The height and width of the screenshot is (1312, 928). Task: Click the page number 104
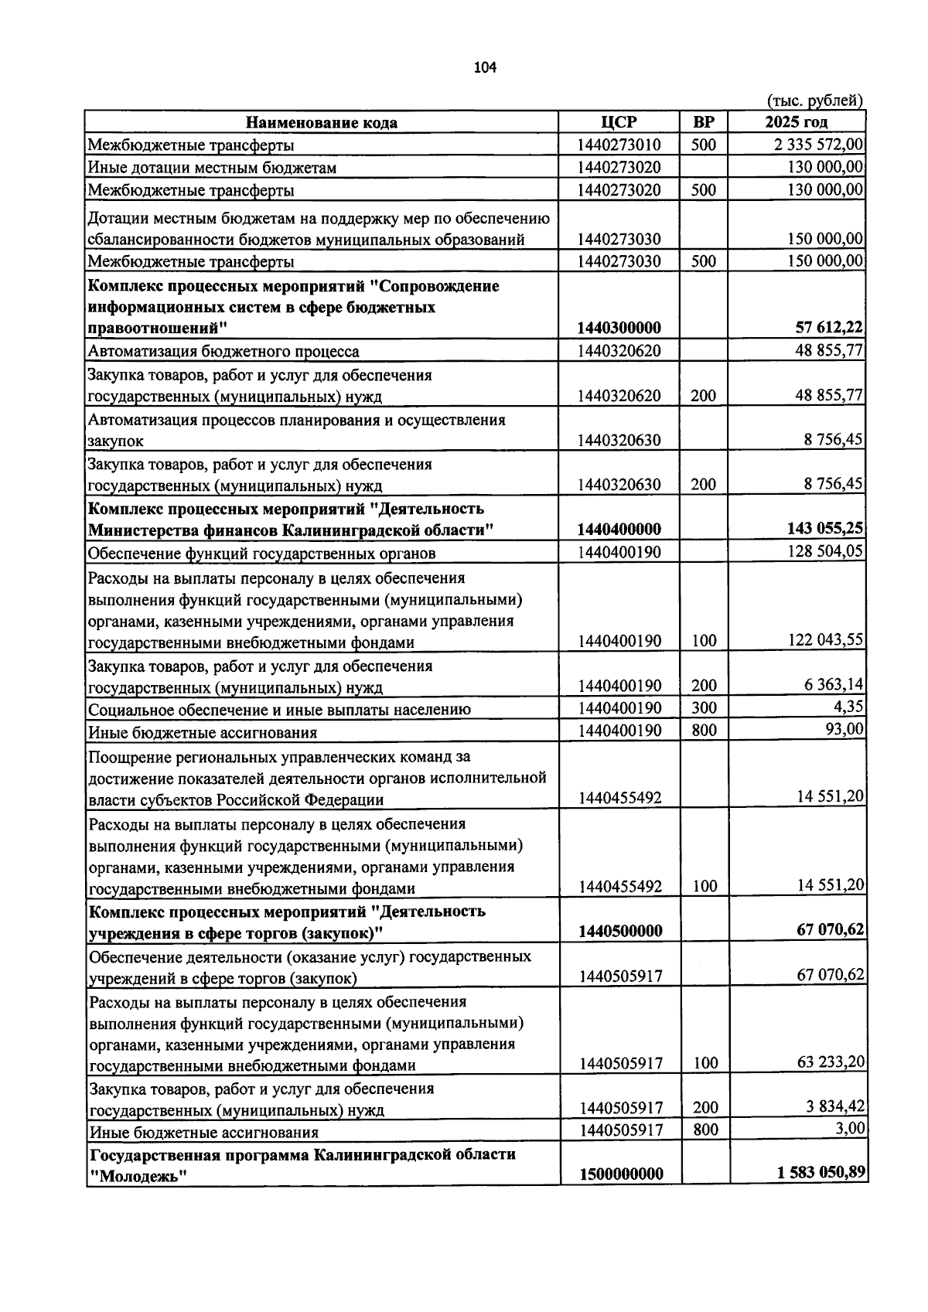(x=485, y=68)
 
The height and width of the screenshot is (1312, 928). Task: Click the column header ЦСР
(x=619, y=122)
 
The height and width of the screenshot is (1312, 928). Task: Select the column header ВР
(x=704, y=122)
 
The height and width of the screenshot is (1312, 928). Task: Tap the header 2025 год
(x=797, y=122)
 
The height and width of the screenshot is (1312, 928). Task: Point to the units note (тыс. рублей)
(x=815, y=101)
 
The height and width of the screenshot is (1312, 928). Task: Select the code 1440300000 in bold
(x=619, y=329)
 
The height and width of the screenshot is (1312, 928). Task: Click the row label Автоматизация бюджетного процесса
(x=223, y=352)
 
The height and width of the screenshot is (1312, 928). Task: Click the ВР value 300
(x=704, y=708)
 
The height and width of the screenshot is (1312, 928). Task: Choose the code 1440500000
(x=620, y=931)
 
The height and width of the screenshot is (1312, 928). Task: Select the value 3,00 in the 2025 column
(x=850, y=1129)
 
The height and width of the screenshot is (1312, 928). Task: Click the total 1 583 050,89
(x=821, y=1173)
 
